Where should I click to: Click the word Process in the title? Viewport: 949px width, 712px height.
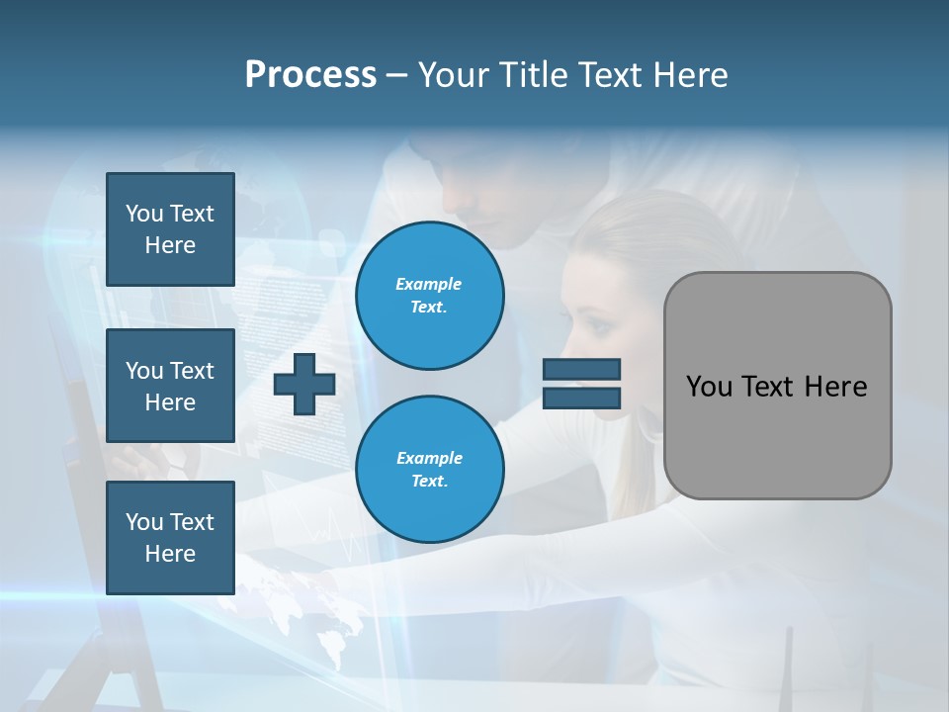(310, 75)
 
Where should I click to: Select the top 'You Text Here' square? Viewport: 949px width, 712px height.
(170, 229)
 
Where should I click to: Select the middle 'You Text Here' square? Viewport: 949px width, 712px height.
(170, 386)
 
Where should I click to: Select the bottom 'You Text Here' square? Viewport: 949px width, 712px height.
(170, 537)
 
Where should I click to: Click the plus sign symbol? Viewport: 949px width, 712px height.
(304, 384)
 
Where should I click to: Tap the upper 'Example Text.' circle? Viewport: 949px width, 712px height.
(430, 296)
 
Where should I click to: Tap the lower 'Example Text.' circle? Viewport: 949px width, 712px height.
(430, 470)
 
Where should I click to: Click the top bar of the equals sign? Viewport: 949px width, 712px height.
(582, 369)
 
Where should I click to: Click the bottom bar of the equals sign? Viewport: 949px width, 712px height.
(582, 398)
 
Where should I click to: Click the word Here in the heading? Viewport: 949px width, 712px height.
(691, 75)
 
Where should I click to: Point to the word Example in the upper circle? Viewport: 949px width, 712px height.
(429, 284)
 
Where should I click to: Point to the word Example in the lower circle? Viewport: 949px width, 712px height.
(429, 458)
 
